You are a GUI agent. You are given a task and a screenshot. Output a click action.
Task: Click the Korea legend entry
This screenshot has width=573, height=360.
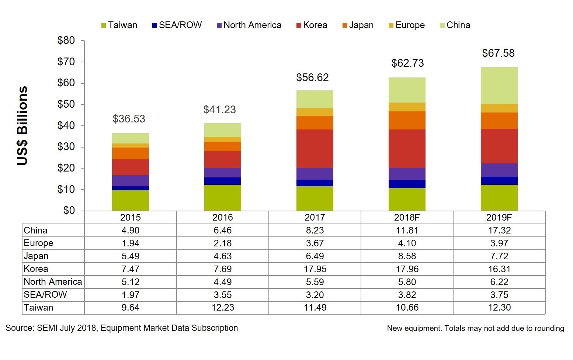click(x=312, y=25)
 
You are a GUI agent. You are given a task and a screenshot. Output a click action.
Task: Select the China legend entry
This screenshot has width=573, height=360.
click(x=455, y=25)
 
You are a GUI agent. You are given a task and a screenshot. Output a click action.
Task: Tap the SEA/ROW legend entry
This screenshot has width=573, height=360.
click(x=177, y=25)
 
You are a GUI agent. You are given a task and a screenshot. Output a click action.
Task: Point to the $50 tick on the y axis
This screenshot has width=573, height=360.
click(x=66, y=104)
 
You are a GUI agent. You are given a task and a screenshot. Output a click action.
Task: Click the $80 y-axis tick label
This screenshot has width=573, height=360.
click(x=66, y=41)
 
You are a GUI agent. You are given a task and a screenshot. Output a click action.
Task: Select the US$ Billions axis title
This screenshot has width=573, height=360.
click(x=22, y=125)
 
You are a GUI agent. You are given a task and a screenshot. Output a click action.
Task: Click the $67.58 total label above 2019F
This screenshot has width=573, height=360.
click(x=498, y=53)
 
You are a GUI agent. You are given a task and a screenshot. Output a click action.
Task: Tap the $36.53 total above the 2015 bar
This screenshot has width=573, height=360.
click(x=129, y=119)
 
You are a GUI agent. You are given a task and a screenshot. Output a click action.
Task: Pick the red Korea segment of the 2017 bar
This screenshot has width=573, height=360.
click(x=315, y=148)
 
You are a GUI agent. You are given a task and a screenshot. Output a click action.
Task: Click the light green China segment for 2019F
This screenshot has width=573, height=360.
click(x=499, y=86)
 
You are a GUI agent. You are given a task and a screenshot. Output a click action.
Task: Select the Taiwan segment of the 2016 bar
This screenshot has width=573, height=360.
click(x=222, y=198)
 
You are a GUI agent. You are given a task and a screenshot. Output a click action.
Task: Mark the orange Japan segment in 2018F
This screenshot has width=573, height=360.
click(x=407, y=120)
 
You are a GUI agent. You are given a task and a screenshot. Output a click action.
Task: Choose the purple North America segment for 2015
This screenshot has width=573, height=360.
click(x=130, y=181)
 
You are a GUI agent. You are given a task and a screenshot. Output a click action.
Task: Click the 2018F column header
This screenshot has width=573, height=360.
click(x=407, y=217)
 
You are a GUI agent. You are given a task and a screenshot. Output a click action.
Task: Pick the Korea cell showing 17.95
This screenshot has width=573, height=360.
click(x=315, y=269)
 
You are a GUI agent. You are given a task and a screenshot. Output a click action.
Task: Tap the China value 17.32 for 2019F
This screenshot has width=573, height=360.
click(x=499, y=231)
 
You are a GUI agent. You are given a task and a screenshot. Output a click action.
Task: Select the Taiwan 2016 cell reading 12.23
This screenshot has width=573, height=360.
click(x=223, y=308)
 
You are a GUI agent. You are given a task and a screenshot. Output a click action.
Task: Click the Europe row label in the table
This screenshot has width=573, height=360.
click(x=38, y=243)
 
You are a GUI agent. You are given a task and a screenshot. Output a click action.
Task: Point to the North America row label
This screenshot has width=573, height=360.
click(x=53, y=282)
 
